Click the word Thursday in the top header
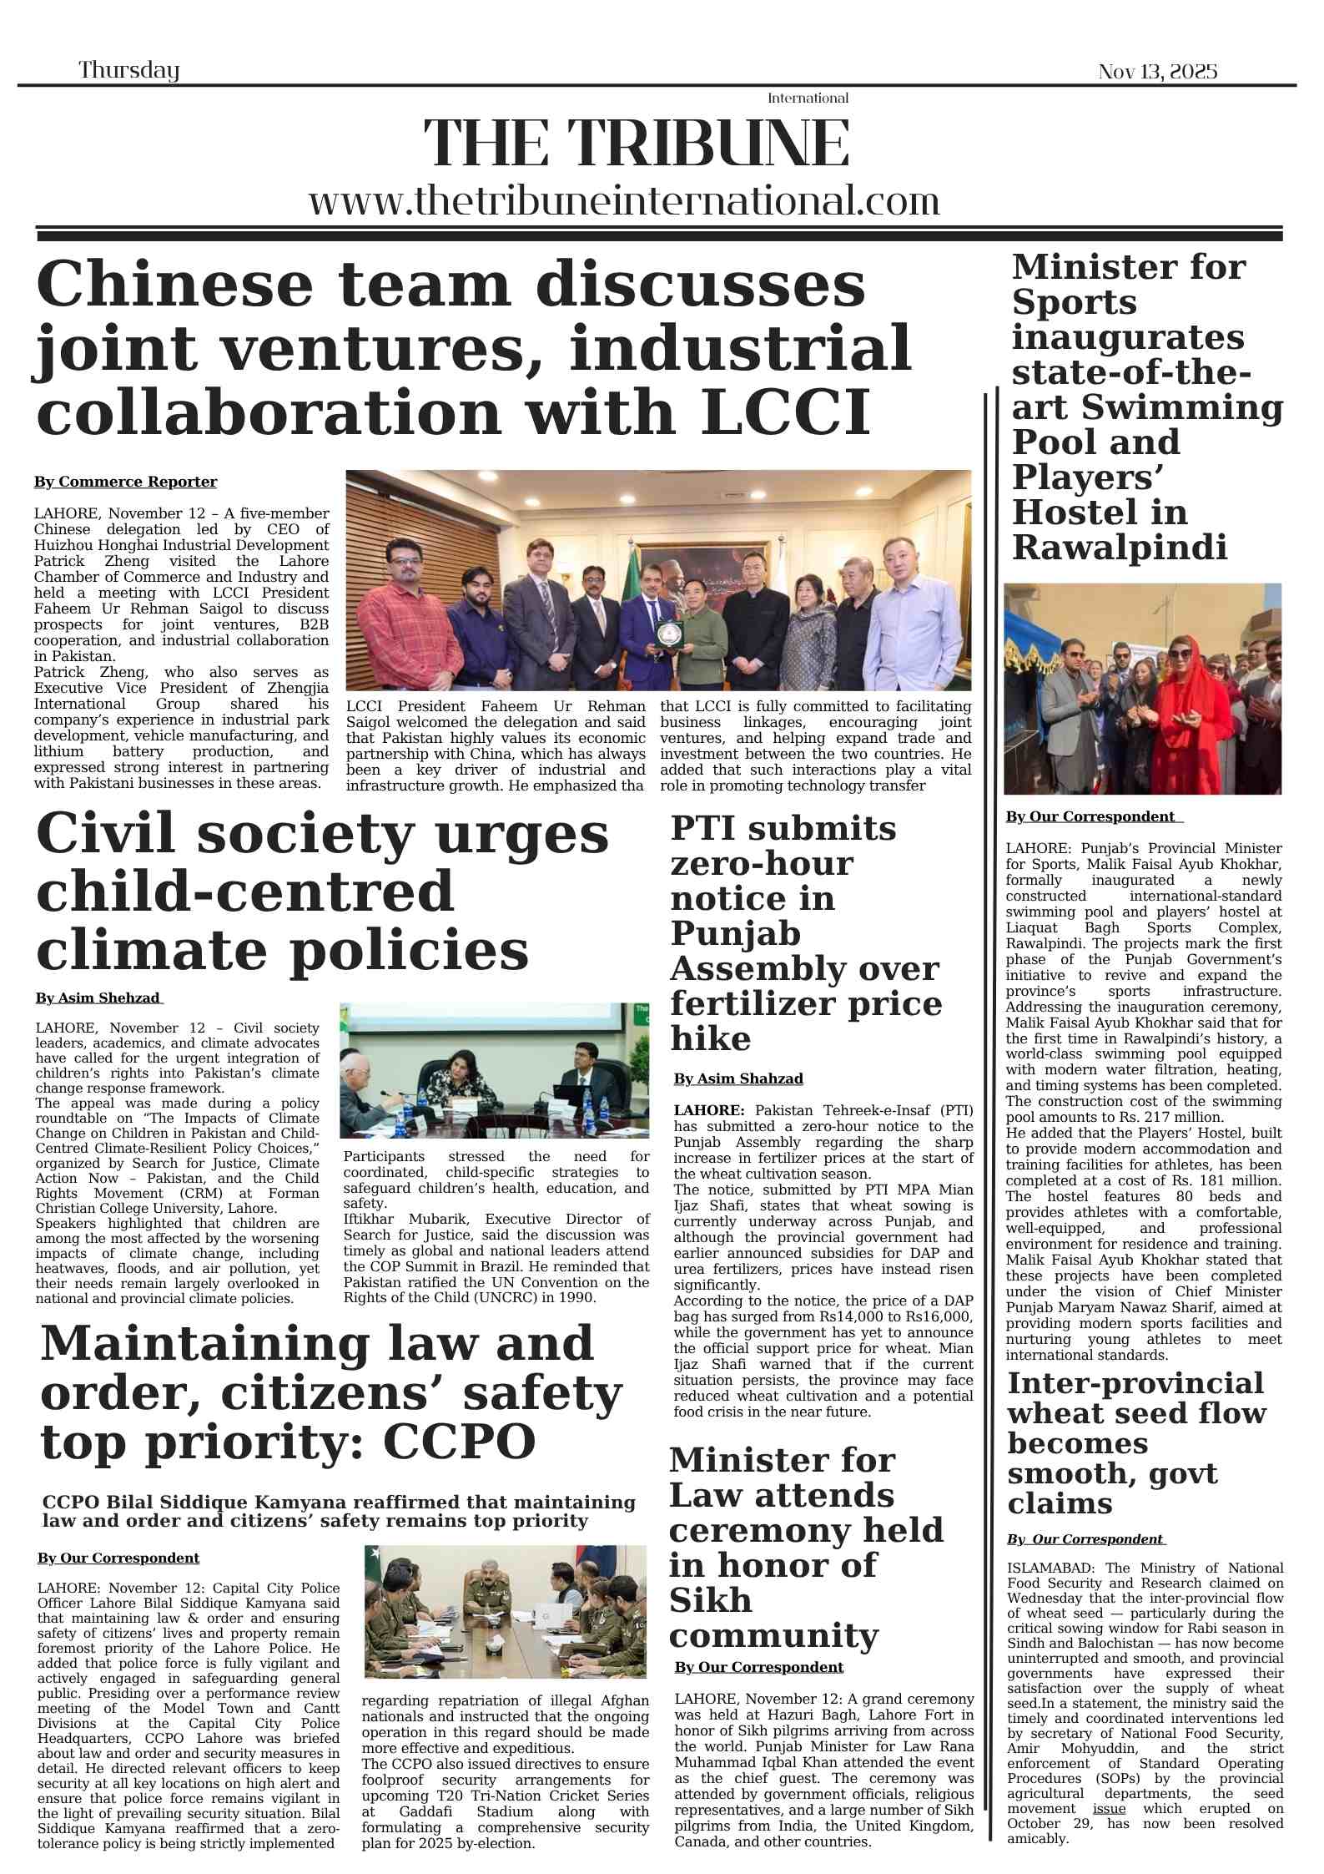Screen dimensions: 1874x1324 pyautogui.click(x=129, y=71)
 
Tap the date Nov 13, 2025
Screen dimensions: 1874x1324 pyautogui.click(x=1157, y=72)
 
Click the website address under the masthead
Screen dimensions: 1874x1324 pyautogui.click(x=624, y=202)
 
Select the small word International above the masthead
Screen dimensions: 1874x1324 pyautogui.click(x=808, y=98)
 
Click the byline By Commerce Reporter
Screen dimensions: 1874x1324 pyautogui.click(x=125, y=482)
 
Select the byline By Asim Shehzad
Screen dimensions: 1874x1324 pyautogui.click(x=98, y=998)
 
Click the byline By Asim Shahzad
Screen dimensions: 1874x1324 pyautogui.click(x=738, y=1078)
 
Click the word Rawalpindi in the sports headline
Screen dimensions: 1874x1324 pyautogui.click(x=1119, y=548)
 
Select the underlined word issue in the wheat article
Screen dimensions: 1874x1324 pyautogui.click(x=1109, y=1809)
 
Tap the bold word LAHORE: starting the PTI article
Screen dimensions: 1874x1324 pyautogui.click(x=709, y=1110)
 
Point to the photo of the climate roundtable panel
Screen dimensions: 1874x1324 pyautogui.click(x=494, y=1070)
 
